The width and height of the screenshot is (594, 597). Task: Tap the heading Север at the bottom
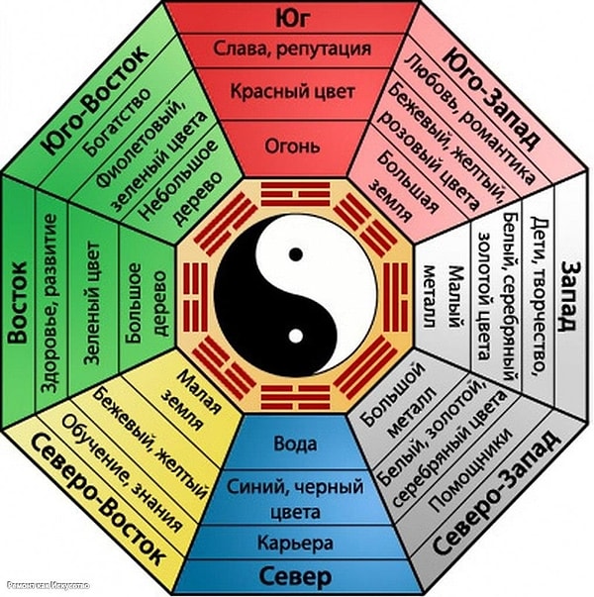tap(296, 576)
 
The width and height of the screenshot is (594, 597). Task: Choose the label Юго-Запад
tap(494, 94)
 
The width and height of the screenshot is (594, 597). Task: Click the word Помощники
tap(469, 465)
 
